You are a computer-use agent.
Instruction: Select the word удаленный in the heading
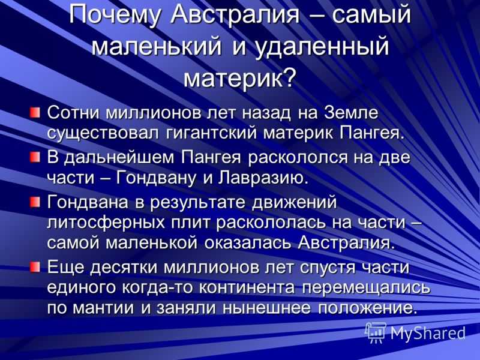click(x=322, y=47)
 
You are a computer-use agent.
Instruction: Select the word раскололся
click(x=298, y=157)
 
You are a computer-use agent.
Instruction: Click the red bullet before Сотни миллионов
click(x=35, y=112)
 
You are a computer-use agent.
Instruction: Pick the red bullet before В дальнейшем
click(x=35, y=158)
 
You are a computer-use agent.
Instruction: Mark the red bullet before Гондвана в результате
click(x=35, y=202)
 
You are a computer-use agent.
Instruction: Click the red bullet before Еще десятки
click(x=35, y=266)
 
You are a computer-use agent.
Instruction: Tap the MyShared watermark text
click(x=428, y=333)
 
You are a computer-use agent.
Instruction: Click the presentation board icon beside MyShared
click(x=376, y=332)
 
